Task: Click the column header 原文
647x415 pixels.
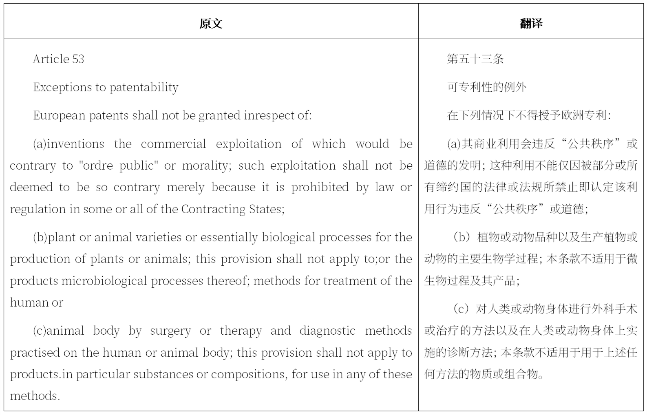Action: [211, 24]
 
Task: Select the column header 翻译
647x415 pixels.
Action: [531, 24]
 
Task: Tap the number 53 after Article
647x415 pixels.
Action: [78, 59]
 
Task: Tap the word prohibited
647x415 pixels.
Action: [320, 188]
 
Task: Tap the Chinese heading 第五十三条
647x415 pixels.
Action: [475, 59]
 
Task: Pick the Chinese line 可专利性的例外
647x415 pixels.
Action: [486, 87]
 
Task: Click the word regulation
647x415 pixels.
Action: [38, 210]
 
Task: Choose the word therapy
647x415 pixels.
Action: [241, 331]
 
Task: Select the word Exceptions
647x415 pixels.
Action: [62, 88]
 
